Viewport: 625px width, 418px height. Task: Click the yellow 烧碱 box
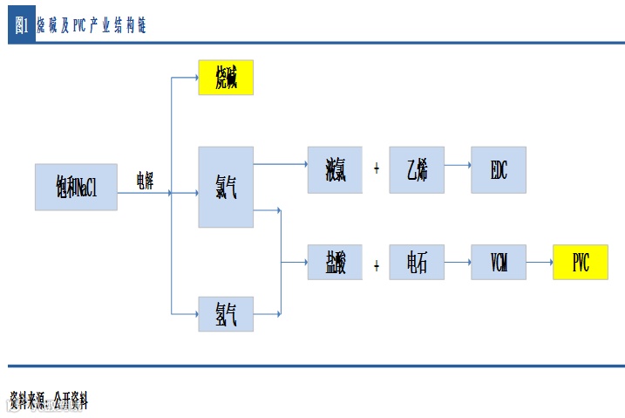click(x=226, y=78)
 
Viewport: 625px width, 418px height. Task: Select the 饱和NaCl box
click(x=76, y=187)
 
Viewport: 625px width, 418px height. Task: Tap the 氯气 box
click(x=226, y=187)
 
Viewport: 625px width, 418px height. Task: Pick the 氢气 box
click(x=226, y=313)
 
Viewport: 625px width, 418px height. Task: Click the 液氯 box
click(x=335, y=169)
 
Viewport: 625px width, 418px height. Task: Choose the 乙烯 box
click(x=417, y=169)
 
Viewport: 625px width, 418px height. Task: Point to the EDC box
click(x=499, y=169)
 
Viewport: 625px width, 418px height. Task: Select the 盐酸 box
click(x=335, y=262)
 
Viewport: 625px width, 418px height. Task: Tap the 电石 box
click(x=417, y=262)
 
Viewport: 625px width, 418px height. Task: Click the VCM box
click(x=499, y=262)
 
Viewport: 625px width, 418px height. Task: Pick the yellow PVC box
click(x=581, y=262)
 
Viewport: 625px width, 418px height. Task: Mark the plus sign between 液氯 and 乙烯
click(x=377, y=168)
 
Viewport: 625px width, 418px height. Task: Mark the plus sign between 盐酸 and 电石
click(x=377, y=262)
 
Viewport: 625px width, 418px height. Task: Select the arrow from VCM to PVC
click(x=540, y=262)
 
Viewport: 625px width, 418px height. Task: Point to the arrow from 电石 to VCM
click(x=457, y=262)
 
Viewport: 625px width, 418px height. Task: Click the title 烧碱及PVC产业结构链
click(x=92, y=26)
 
